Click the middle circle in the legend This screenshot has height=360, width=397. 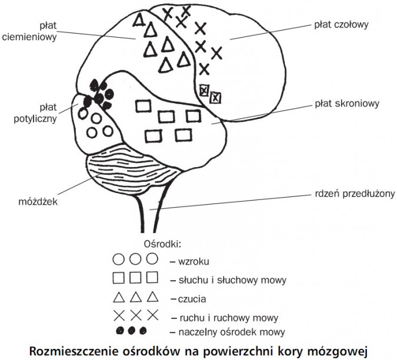click(135, 259)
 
